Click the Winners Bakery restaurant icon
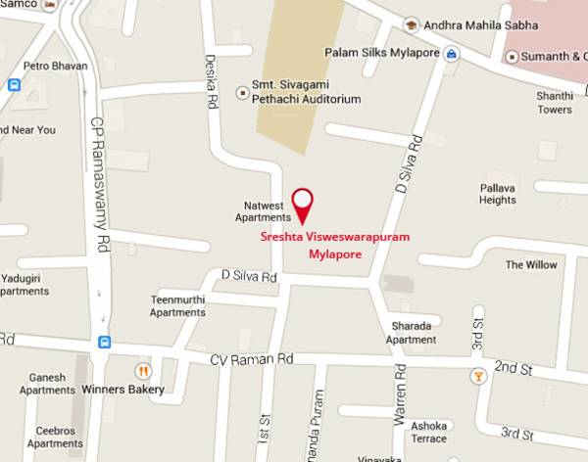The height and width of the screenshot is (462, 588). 143,371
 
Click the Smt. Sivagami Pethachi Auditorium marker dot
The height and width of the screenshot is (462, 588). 243,93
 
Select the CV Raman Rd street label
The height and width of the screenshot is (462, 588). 252,360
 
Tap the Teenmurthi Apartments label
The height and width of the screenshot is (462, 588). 177,305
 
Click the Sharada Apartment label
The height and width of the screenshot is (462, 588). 411,334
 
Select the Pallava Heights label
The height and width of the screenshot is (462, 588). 498,193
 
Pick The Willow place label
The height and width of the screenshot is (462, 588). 531,264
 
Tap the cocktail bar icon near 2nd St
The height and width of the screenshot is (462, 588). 477,375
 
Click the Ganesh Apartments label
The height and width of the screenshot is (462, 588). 47,384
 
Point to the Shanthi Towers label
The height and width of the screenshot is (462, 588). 553,103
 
